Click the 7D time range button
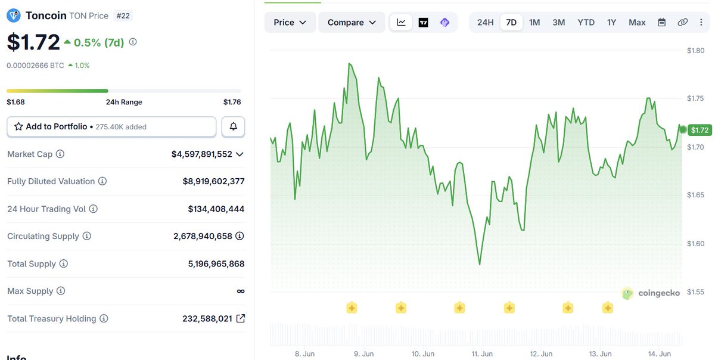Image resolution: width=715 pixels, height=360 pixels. (511, 23)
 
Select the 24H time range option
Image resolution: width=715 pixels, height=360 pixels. (485, 23)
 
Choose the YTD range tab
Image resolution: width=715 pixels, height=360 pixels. (586, 23)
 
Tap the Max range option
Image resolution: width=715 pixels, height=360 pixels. (637, 23)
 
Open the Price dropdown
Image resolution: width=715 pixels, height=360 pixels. (290, 23)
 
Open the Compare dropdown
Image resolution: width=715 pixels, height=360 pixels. (352, 23)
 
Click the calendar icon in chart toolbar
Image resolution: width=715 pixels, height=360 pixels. (662, 23)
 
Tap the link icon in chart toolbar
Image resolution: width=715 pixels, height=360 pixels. (682, 23)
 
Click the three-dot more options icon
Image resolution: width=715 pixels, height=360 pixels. (701, 23)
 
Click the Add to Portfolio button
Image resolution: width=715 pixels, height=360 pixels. (111, 127)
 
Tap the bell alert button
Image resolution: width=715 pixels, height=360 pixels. (234, 127)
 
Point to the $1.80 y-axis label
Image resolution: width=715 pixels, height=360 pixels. (695, 51)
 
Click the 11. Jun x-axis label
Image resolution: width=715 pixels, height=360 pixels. (482, 353)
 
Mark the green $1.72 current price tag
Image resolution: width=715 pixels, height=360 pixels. (700, 130)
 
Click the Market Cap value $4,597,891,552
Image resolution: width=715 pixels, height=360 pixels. (202, 154)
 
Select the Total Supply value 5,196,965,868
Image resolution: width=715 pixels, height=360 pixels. (216, 264)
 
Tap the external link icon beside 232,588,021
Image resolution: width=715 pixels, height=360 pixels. (240, 318)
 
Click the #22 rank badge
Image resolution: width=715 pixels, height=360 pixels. (123, 15)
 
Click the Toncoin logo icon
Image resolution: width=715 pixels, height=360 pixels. (14, 15)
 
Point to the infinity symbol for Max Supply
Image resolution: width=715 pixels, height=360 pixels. (241, 291)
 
